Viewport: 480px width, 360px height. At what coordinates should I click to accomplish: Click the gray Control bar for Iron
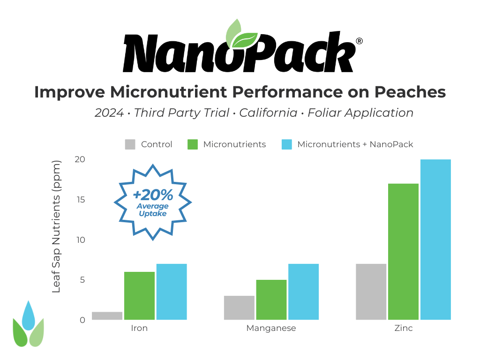point(107,315)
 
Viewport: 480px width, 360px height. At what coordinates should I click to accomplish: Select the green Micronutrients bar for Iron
point(139,295)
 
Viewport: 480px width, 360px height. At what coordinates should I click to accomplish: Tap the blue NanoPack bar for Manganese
point(303,292)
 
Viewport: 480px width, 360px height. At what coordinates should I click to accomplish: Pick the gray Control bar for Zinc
point(371,292)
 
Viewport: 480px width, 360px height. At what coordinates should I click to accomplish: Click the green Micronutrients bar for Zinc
point(403,251)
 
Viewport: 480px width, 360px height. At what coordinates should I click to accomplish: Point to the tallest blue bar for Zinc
point(435,240)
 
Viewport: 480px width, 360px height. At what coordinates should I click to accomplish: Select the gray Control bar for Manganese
point(239,307)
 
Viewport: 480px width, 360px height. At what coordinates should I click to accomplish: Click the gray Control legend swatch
point(130,144)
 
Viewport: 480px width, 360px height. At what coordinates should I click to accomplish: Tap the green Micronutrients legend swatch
point(193,144)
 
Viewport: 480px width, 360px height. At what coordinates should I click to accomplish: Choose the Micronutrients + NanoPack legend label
point(355,144)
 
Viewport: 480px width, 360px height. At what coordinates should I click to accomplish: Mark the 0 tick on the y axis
point(82,320)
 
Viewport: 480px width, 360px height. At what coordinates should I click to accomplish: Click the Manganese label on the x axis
point(271,328)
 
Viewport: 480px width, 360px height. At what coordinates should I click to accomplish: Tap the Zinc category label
point(403,328)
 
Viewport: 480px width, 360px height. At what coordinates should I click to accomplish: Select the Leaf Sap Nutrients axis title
point(56,227)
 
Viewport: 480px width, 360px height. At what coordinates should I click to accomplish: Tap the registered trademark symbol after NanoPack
point(359,41)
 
